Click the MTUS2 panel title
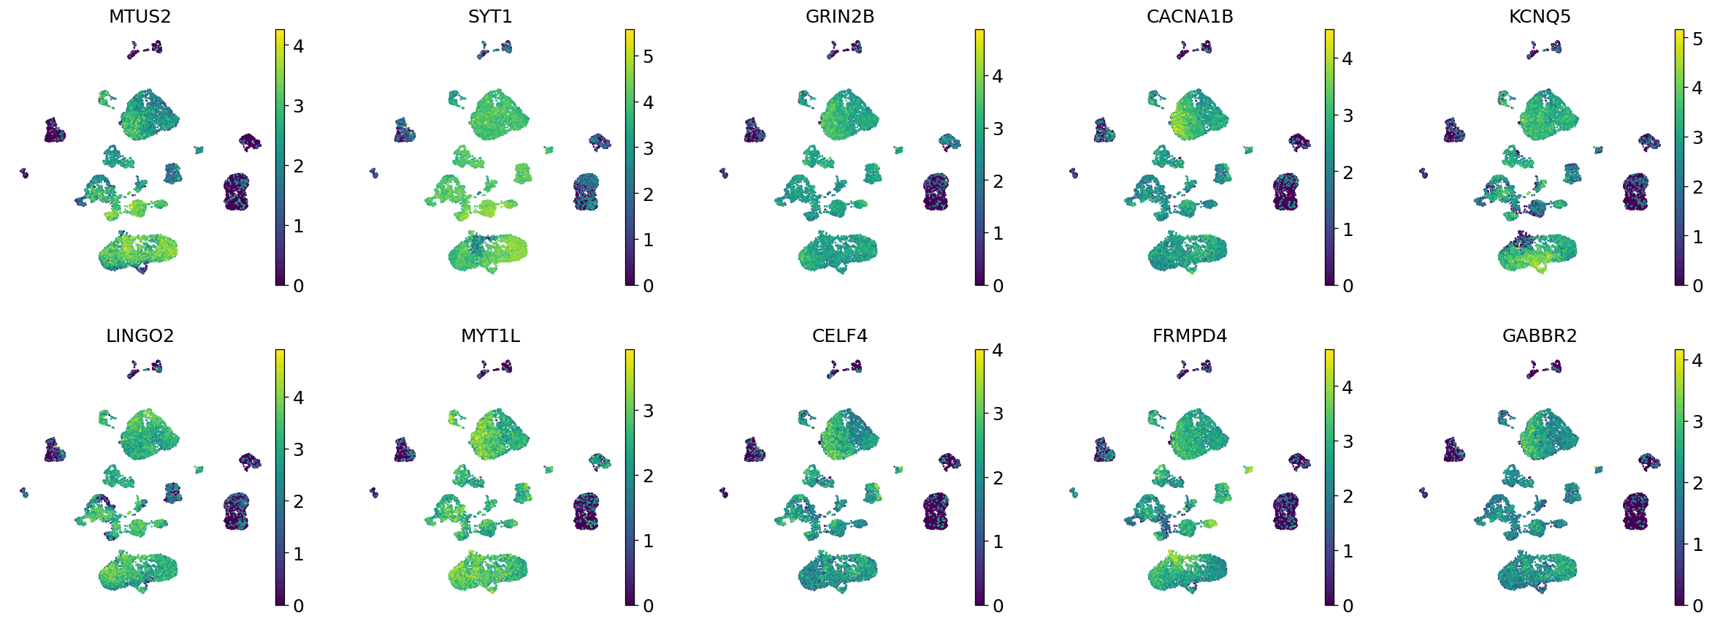(140, 17)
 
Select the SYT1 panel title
(490, 17)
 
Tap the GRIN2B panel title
(840, 17)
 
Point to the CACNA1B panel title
(1190, 17)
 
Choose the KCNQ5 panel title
(1540, 17)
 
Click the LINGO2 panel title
(140, 336)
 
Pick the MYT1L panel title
(490, 336)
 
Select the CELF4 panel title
(840, 336)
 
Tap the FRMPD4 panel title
(1190, 336)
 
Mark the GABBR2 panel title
(1540, 336)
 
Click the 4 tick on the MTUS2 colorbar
(298, 47)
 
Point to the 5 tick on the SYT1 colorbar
(648, 57)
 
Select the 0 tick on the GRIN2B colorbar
(998, 286)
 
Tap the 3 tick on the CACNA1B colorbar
(1348, 115)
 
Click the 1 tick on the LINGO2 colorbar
(298, 555)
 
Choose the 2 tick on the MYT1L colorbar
(648, 476)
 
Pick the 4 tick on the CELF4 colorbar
(998, 351)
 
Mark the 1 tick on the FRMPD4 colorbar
(1348, 552)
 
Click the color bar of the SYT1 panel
(630, 157)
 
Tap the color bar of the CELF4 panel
(979, 477)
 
